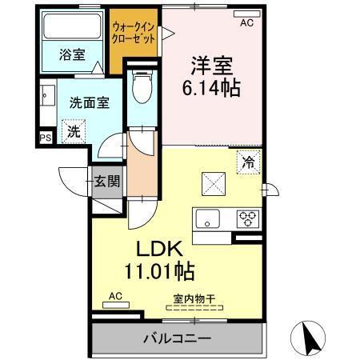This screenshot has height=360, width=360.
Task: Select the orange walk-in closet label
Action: [135, 33]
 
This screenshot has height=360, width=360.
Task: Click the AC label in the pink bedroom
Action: [246, 23]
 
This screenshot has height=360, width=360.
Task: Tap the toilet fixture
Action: [142, 86]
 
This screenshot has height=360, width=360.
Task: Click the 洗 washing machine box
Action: [73, 130]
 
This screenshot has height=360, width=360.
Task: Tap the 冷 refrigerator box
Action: [249, 161]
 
